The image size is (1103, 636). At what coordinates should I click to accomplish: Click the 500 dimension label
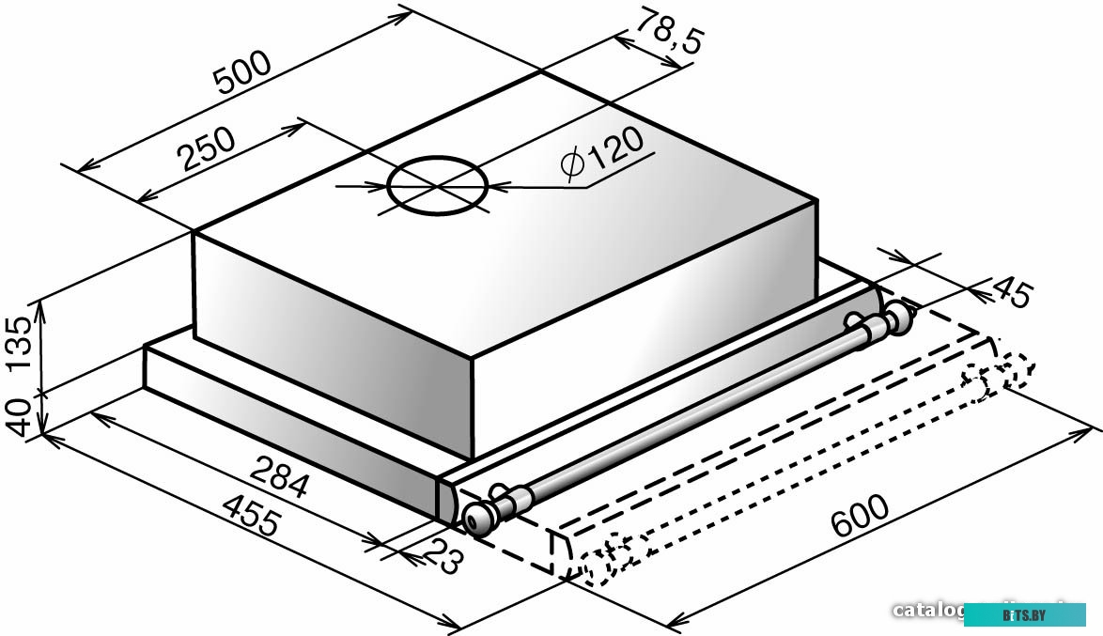242,71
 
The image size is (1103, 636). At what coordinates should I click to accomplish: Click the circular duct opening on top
438,187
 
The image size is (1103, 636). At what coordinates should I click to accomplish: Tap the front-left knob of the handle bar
479,516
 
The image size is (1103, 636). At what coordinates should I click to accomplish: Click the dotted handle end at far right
1015,370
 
